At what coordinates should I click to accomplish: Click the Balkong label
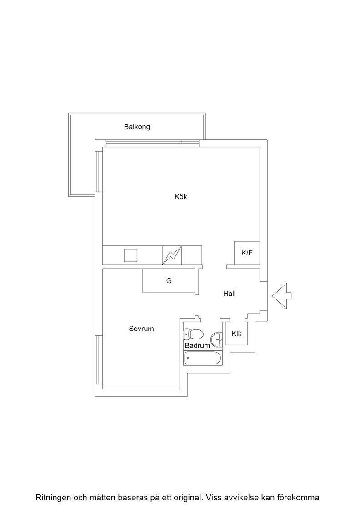[x=137, y=127]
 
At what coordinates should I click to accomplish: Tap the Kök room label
[x=181, y=196]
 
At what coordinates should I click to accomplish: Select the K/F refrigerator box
[x=247, y=253]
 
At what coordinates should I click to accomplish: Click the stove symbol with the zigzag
[x=172, y=255]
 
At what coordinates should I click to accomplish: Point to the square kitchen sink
[x=130, y=255]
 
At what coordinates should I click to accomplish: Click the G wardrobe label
[x=169, y=281]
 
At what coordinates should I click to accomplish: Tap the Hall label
[x=229, y=294]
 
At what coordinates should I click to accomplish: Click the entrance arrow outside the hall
[x=282, y=296]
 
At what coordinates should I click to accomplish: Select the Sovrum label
[x=141, y=329]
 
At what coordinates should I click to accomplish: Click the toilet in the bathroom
[x=194, y=334]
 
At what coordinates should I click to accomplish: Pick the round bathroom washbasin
[x=216, y=340]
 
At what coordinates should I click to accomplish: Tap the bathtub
[x=203, y=359]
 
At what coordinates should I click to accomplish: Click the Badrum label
[x=197, y=345]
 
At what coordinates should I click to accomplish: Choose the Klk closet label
[x=237, y=334]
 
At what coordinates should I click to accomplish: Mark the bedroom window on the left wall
[x=97, y=360]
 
